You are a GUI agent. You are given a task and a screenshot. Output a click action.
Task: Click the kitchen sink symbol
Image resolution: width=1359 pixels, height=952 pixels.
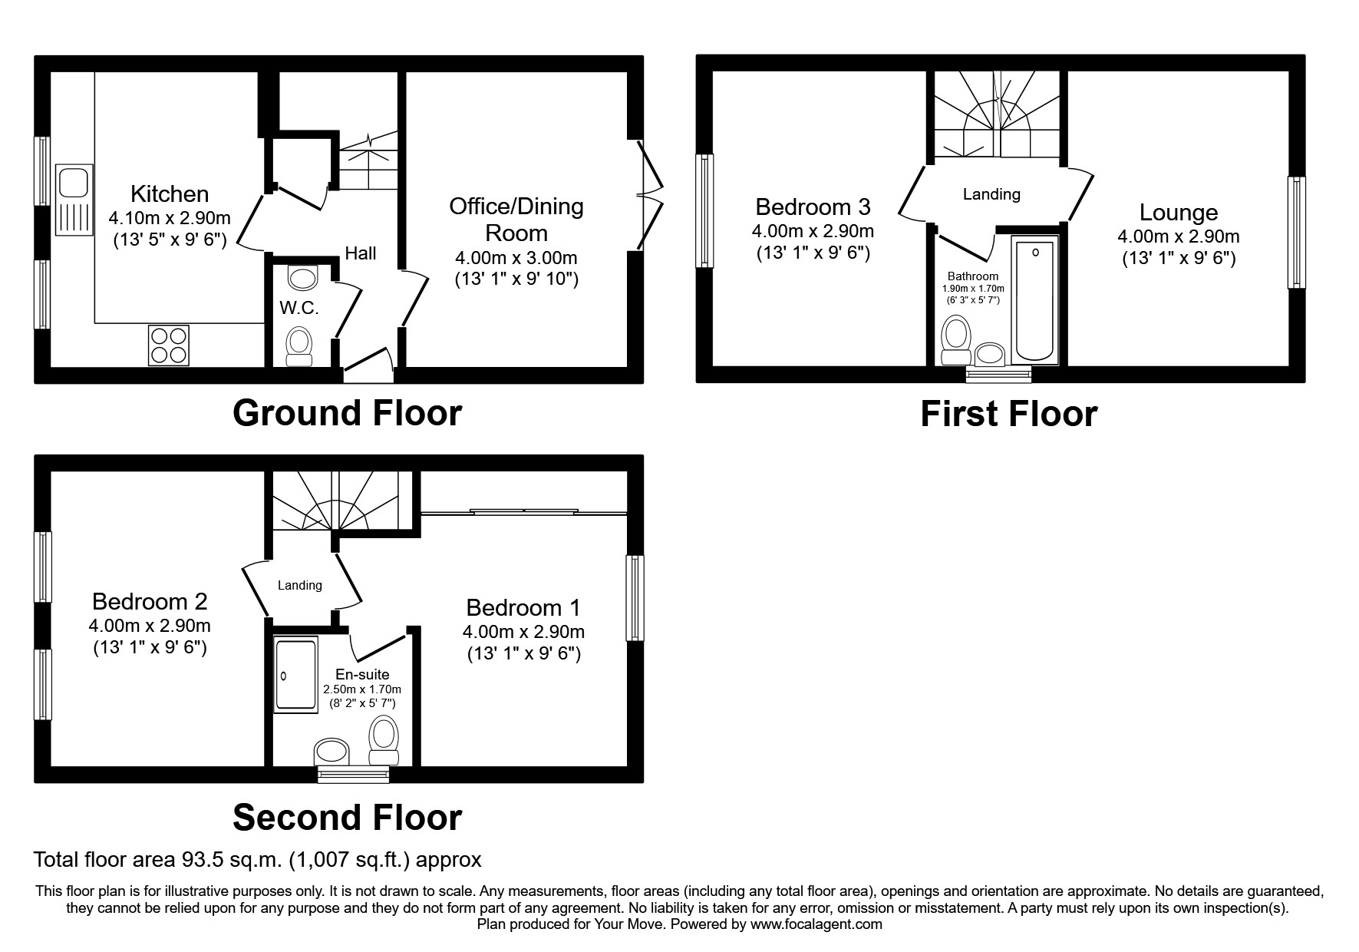tap(74, 199)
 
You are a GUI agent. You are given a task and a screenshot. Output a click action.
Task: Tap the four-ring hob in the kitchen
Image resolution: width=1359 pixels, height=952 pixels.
tap(169, 345)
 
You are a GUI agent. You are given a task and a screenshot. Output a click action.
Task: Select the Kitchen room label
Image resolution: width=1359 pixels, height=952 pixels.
tap(170, 193)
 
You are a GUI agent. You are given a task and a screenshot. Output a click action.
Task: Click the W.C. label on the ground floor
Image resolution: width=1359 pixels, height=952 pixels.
tap(299, 308)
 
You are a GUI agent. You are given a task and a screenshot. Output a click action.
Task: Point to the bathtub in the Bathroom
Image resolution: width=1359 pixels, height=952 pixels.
tap(1034, 299)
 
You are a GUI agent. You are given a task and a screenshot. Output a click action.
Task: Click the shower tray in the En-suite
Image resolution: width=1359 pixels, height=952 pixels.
tap(295, 674)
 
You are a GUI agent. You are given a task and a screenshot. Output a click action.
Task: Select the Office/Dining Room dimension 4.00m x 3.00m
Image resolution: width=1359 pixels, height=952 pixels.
tap(516, 258)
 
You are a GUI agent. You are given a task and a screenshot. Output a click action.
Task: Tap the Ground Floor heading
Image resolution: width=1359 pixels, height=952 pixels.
tap(347, 413)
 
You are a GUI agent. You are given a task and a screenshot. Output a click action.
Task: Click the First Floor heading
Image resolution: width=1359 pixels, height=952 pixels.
tap(1008, 415)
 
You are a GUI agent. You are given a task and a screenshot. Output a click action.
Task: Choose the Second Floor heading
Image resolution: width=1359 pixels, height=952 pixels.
tap(347, 818)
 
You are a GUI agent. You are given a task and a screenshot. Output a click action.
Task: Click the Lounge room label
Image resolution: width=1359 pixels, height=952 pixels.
tap(1178, 213)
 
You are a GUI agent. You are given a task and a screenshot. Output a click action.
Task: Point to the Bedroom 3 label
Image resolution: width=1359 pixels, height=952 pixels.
tap(813, 207)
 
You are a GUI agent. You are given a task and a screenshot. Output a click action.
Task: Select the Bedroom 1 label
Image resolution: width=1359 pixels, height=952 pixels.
tap(523, 608)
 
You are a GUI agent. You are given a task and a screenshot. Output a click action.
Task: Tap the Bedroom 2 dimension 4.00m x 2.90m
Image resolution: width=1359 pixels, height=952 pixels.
tap(150, 626)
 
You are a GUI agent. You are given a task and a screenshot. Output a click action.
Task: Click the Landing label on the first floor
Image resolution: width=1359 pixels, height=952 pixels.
tap(991, 194)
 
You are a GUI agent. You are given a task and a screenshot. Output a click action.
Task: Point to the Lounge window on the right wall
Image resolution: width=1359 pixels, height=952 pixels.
tap(1296, 233)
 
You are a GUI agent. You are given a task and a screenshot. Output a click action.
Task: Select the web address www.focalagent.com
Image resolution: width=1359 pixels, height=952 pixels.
tap(816, 924)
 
